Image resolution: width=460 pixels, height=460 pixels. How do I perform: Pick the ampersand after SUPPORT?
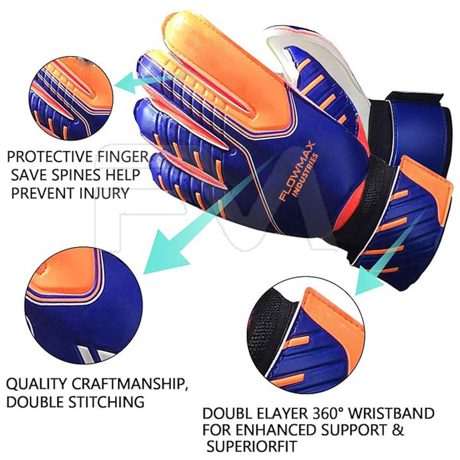pyautogui.click(x=397, y=430)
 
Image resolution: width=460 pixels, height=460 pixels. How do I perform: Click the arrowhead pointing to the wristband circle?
pyautogui.click(x=366, y=287)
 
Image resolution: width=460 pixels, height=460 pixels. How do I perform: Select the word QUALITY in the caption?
pyautogui.click(x=36, y=384)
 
